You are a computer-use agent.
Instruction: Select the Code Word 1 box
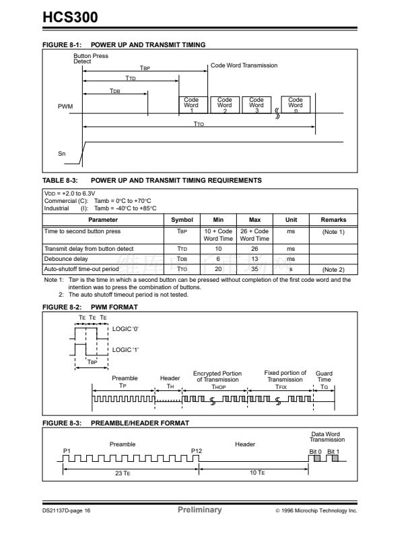191,105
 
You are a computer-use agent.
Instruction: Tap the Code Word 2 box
224,105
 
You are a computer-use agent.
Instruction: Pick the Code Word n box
295,105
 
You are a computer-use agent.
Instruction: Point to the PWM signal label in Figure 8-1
66,107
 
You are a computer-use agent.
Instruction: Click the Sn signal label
62,153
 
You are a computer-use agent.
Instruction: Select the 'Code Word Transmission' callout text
244,65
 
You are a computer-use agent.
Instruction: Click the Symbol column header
182,220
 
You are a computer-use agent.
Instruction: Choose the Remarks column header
333,220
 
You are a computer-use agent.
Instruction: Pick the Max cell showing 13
254,258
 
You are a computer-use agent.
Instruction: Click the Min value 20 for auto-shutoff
218,268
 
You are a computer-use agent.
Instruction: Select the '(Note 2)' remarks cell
333,268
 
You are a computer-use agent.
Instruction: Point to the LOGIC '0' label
125,328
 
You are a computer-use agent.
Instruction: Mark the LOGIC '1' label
125,349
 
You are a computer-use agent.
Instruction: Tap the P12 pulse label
197,450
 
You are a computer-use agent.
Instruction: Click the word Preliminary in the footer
199,510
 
